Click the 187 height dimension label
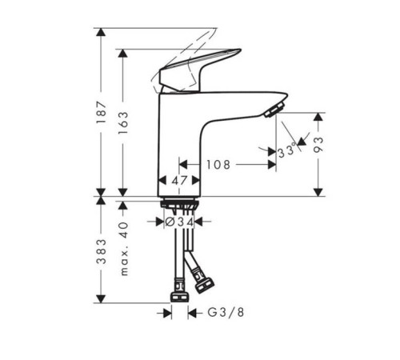tap(102, 112)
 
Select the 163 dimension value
tap(123, 123)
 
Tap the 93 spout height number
tap(318, 145)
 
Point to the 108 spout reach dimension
tap(218, 165)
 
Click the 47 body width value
tap(179, 181)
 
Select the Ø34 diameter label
tap(179, 222)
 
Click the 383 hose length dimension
tap(102, 251)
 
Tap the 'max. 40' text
tap(124, 249)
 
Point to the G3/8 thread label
tap(226, 312)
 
